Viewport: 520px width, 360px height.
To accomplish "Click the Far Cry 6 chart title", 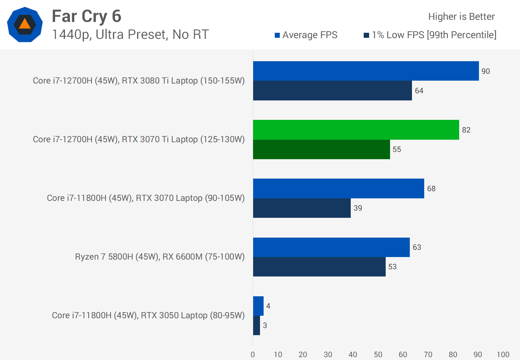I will tap(86, 16).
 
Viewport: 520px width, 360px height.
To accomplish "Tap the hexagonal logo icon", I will tap(25, 24).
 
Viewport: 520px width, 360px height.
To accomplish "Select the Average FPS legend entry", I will tap(306, 35).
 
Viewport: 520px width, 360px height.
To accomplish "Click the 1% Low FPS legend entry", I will tap(430, 35).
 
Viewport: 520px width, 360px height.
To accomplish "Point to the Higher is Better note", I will tap(461, 17).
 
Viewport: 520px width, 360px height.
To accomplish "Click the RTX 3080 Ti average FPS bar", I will tap(366, 71).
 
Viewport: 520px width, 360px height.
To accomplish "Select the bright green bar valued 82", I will tap(356, 130).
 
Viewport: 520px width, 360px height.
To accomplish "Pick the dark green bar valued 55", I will tap(321, 149).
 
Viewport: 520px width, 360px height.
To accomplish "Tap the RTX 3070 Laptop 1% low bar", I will tap(302, 208).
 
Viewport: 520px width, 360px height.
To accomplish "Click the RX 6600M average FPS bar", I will tap(331, 247).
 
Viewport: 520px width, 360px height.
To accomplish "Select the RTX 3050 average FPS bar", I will tap(258, 306).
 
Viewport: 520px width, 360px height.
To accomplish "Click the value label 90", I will tap(485, 71).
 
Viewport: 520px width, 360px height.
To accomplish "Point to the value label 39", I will tap(358, 208).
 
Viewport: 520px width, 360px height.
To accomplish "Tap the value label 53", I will tap(392, 267).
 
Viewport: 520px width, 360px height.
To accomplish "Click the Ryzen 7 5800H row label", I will tap(160, 257).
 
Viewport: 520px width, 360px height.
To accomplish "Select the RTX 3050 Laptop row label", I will tap(148, 315).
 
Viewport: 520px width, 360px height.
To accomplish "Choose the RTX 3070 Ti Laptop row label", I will tap(139, 139).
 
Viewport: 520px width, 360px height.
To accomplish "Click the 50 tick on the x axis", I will tap(378, 355).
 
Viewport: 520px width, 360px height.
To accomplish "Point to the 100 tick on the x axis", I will tap(503, 355).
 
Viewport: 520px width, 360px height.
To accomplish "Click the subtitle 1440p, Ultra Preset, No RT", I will tap(130, 35).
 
